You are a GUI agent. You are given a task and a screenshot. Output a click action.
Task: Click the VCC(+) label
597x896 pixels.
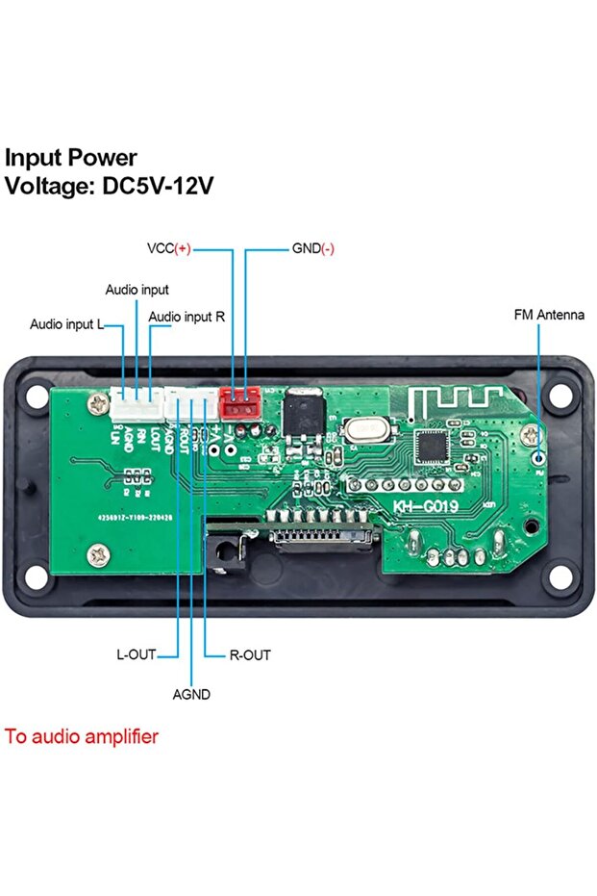point(169,248)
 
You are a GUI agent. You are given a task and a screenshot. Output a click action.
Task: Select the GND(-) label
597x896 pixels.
point(313,248)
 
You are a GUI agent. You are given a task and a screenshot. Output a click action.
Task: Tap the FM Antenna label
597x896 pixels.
point(549,315)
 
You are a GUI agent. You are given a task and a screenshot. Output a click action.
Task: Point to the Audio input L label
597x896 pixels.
point(66,324)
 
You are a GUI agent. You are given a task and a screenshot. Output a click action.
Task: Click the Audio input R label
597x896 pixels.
point(187,316)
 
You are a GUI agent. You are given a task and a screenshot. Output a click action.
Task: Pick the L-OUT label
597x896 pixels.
point(136,654)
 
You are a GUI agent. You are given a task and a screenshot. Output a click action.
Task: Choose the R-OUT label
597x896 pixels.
point(250,654)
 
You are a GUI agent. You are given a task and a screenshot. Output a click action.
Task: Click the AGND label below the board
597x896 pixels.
point(191,694)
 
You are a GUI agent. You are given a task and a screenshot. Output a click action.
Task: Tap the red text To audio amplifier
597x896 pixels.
point(82,737)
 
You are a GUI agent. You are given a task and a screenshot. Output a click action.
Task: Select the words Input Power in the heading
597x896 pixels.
point(72,158)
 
